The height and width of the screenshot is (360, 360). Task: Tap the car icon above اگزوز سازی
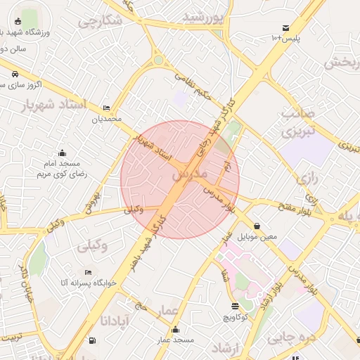pos(15,72)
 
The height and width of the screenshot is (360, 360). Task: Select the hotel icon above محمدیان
pos(106,108)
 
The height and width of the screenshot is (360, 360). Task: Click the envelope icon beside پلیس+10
pos(285,27)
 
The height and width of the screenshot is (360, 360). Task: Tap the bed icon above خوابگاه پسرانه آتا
pos(87,272)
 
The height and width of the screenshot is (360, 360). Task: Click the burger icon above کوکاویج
pos(235,307)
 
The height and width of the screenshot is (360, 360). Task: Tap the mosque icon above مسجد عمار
pos(175,330)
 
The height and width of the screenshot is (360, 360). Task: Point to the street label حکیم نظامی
pos(193,86)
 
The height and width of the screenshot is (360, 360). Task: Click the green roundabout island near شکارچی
pos(158,60)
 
